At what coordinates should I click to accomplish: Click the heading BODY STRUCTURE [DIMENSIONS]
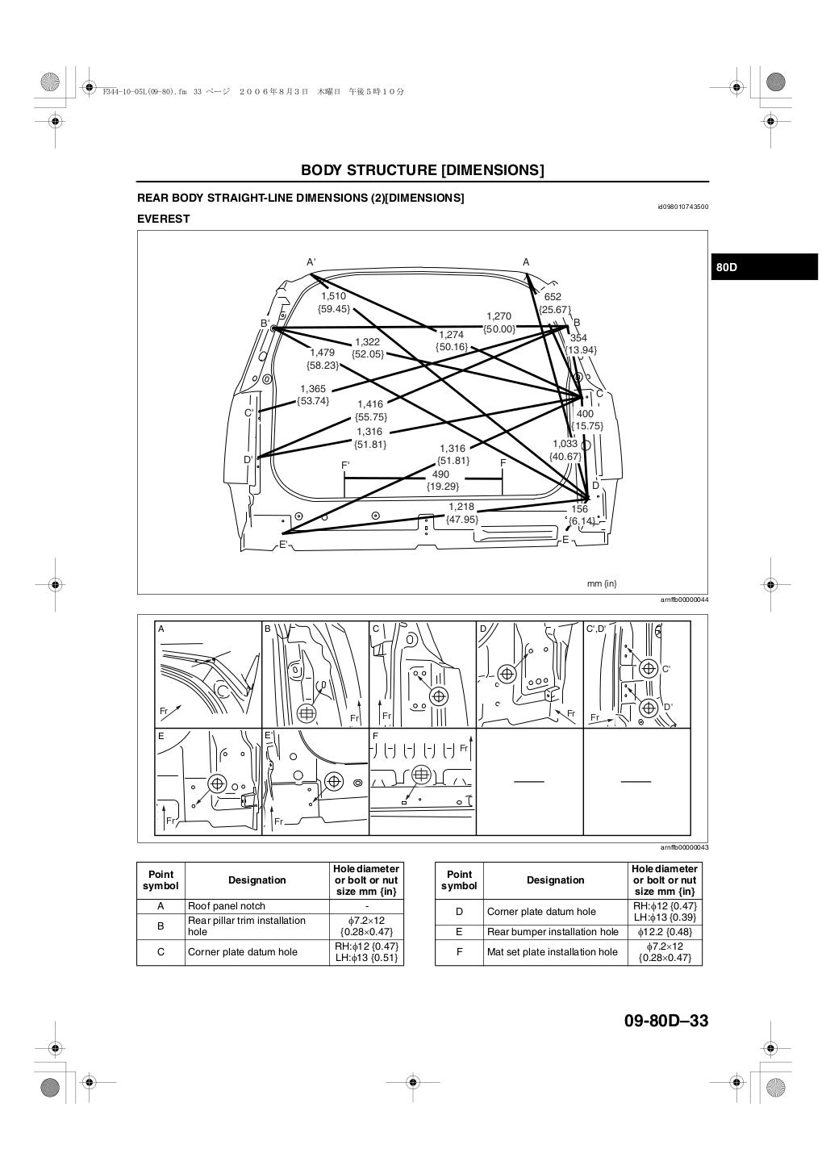(x=422, y=170)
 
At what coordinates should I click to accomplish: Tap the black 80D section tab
(x=764, y=267)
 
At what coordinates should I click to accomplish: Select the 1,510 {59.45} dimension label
(x=333, y=303)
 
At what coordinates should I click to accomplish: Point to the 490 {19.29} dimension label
(x=442, y=481)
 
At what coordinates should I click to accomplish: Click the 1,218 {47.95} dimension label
(x=461, y=513)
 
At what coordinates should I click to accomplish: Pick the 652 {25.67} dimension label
(x=553, y=303)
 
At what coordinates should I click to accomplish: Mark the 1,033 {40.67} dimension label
(x=565, y=450)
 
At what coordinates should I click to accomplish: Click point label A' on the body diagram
(x=311, y=262)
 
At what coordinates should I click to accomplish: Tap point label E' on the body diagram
(x=283, y=545)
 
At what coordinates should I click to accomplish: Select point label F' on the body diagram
(x=345, y=466)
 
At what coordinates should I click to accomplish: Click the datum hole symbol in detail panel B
(x=306, y=712)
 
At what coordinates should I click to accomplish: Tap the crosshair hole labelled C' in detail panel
(x=647, y=668)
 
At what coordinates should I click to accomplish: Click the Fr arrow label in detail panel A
(x=165, y=711)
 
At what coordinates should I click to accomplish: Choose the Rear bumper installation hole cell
(x=555, y=932)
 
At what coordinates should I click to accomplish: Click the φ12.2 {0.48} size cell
(x=665, y=932)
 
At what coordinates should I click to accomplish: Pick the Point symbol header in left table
(x=161, y=880)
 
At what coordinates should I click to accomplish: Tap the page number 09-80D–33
(x=665, y=1022)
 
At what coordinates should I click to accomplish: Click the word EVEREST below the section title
(x=164, y=219)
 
